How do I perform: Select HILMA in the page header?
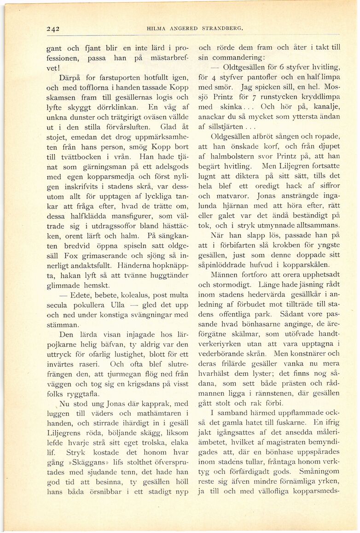[155, 28]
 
